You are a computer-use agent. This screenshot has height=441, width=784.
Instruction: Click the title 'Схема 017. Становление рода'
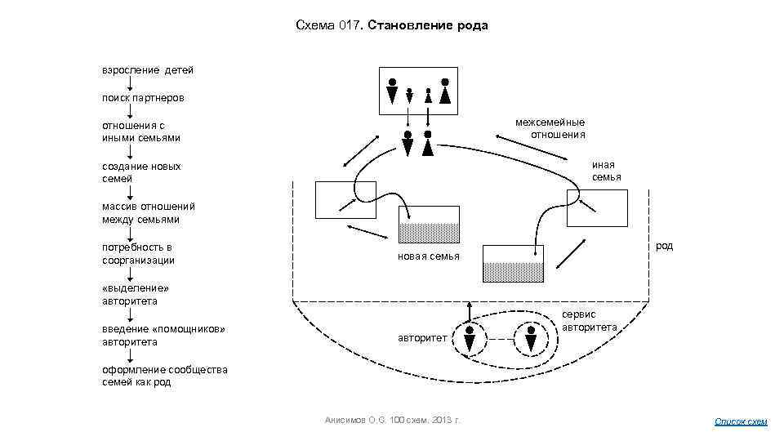(x=391, y=25)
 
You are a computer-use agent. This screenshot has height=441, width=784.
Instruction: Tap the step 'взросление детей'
(x=147, y=70)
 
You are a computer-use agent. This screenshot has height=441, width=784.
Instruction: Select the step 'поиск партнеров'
(x=143, y=98)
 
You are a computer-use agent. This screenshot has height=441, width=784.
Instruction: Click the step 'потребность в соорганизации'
(x=138, y=253)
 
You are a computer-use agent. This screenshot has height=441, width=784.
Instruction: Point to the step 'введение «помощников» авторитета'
(x=163, y=335)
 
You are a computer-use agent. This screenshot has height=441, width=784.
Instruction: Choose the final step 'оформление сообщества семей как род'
(x=164, y=376)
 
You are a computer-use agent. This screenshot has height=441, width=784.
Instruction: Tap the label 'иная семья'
(x=606, y=171)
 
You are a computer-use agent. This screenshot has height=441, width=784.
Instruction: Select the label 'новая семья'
(x=429, y=256)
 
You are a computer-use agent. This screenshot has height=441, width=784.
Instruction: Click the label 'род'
(x=664, y=246)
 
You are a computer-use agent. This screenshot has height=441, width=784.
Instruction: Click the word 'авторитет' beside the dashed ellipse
(x=422, y=336)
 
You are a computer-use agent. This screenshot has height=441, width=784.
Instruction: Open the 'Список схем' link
(x=741, y=421)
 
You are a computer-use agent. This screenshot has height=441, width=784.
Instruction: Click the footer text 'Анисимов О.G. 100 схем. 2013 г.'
(x=393, y=420)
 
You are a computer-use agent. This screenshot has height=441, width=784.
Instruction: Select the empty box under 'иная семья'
(x=597, y=208)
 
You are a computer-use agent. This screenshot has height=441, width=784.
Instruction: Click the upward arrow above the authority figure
(x=470, y=311)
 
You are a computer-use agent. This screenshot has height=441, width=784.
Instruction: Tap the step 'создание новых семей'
(x=141, y=172)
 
